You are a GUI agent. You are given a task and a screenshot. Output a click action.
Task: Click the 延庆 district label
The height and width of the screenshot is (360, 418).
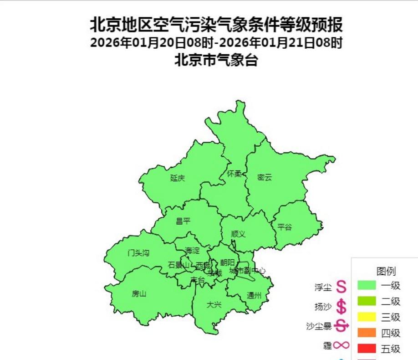(x=178, y=178)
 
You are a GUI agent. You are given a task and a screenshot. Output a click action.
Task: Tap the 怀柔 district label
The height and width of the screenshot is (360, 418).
(x=234, y=174)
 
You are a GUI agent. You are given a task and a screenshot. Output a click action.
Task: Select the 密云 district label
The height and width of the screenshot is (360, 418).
(x=264, y=178)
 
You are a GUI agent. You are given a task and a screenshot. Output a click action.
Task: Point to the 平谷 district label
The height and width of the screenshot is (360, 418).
(x=285, y=227)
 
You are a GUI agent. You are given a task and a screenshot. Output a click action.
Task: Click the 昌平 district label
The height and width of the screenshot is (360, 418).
(x=183, y=221)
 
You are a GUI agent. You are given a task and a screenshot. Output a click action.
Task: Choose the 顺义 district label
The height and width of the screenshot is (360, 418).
(x=238, y=234)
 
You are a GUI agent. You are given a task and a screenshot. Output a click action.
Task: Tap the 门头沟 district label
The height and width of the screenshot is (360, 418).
(x=138, y=253)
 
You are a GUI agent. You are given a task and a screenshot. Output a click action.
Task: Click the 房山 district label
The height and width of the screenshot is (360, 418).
(x=139, y=293)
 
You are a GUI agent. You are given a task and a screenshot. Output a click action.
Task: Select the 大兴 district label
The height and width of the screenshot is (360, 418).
(x=214, y=304)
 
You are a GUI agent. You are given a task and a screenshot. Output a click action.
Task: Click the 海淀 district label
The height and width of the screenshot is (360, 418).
(x=192, y=251)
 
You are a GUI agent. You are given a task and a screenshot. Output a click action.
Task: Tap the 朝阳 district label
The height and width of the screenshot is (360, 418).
(x=227, y=262)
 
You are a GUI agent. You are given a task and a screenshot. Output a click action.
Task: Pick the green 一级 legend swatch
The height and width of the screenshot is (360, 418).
(x=367, y=286)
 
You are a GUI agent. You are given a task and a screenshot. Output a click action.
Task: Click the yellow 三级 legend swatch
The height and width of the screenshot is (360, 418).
(x=367, y=317)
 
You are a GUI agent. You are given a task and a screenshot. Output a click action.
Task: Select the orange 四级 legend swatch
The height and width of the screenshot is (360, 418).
(x=367, y=333)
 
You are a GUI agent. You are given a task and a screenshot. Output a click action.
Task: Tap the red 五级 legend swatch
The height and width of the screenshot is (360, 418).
(x=367, y=349)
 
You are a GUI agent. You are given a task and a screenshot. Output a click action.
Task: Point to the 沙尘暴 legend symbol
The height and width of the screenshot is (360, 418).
(x=341, y=326)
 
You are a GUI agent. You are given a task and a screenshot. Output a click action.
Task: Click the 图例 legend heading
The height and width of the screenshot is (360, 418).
(x=386, y=272)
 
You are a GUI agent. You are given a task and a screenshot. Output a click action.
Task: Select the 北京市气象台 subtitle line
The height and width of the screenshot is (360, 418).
(x=216, y=60)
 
